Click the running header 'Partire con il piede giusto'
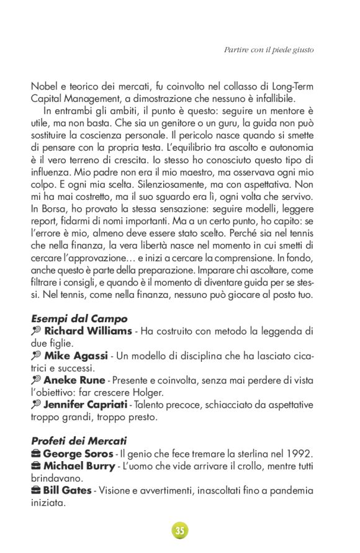pyautogui.click(x=268, y=50)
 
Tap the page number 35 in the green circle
pyautogui.click(x=179, y=530)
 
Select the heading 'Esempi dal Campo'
pyautogui.click(x=79, y=319)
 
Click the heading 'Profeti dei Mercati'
pyautogui.click(x=79, y=441)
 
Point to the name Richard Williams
pyautogui.click(x=88, y=331)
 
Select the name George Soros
pyautogui.click(x=78, y=453)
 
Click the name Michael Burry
pyautogui.click(x=79, y=465)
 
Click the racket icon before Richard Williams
pyautogui.click(x=36, y=331)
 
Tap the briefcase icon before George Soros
pyautogui.click(x=36, y=453)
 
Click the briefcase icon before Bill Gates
pyautogui.click(x=36, y=491)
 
